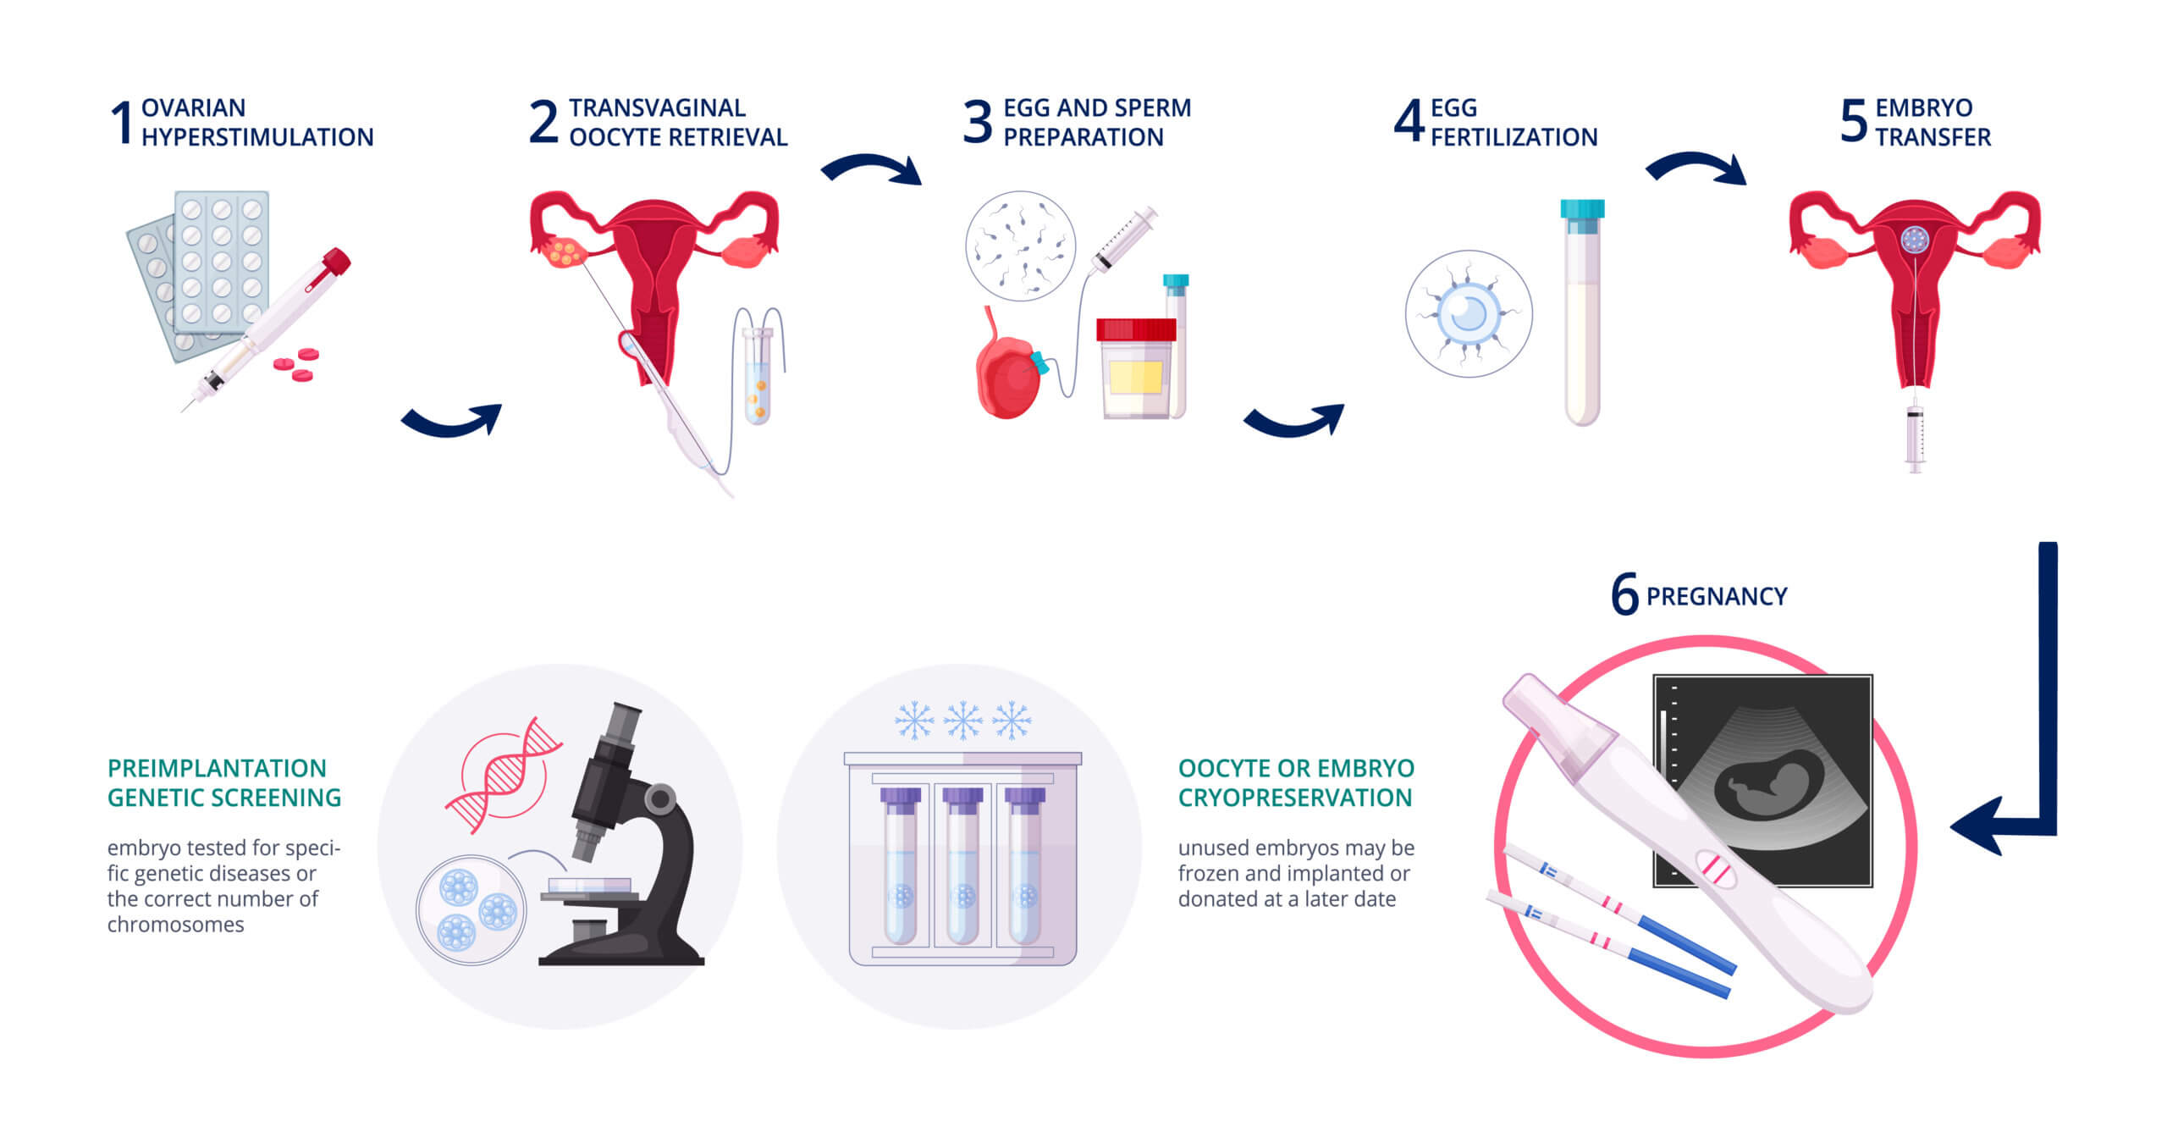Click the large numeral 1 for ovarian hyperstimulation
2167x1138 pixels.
point(123,122)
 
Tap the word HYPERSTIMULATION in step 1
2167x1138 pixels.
point(257,137)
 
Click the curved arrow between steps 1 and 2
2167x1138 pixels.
point(451,420)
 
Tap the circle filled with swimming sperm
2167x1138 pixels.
point(1021,246)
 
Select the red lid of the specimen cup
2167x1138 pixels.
point(1136,329)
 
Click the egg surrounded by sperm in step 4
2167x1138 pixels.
point(1469,313)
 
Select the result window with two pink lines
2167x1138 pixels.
point(1716,870)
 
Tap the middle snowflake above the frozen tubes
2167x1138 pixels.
point(963,721)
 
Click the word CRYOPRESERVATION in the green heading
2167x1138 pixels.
point(1295,798)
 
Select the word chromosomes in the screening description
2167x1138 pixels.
point(175,925)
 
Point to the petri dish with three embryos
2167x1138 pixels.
point(471,910)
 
